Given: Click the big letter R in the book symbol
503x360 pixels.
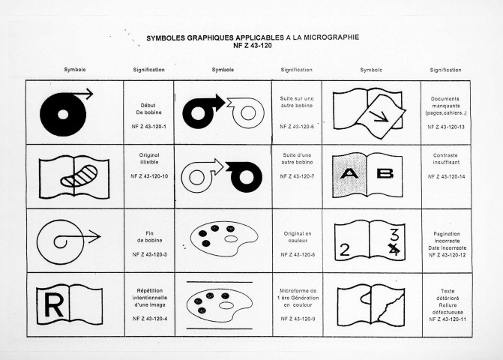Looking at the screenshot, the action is coord(54,305).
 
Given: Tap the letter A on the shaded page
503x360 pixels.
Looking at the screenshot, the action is coord(349,174).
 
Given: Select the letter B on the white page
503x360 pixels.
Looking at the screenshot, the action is coord(385,173).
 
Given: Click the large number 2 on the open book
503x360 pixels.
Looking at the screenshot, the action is coord(345,250).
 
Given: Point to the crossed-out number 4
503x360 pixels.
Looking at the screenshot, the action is coord(394,249).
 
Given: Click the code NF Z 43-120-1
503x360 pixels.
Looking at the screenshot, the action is coord(149,127).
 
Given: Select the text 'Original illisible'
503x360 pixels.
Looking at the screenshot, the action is coord(149,158).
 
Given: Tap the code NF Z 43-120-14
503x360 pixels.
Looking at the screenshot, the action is coord(446,176).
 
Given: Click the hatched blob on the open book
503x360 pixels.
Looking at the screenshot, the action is coord(79,175).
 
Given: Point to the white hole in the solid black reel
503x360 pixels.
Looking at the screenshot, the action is coord(63,114).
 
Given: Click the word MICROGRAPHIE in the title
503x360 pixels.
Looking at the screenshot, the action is coord(331,37).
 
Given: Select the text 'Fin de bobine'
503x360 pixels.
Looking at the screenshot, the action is coord(149,237).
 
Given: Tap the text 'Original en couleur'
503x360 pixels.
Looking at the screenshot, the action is coord(298,237).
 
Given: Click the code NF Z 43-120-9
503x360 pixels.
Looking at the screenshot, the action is coord(298,319).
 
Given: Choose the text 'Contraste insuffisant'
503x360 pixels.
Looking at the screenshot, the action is coord(446,159).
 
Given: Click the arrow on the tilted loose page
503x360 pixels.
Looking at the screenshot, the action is coord(379,117).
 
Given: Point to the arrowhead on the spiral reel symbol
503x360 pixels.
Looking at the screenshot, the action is coord(95,237).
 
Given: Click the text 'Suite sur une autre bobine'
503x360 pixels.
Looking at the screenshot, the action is coord(296,102).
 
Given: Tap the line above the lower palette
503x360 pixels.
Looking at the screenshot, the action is coord(220,282).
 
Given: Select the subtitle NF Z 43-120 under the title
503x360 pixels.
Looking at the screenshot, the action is coord(253,46).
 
